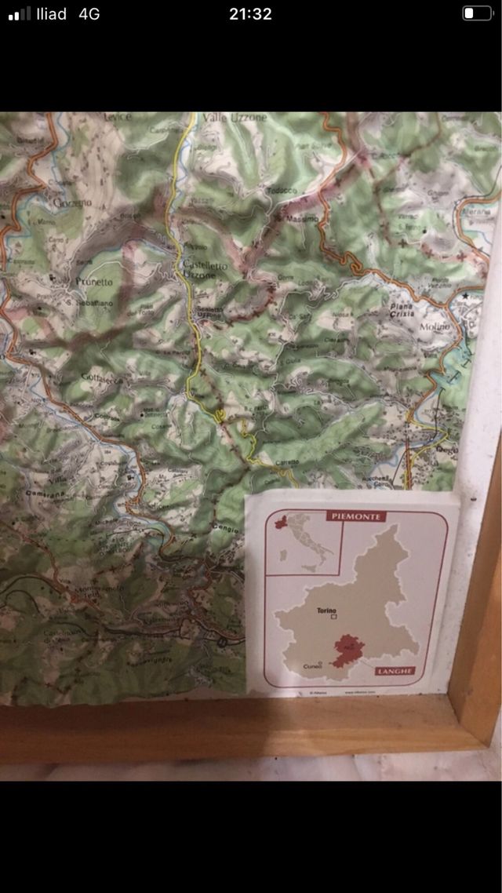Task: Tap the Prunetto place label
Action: tap(94, 281)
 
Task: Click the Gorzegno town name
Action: tap(73, 202)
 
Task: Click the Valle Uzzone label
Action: tap(235, 118)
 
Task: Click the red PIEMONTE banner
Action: tap(356, 516)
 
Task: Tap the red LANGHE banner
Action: tap(394, 672)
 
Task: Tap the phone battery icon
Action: tap(476, 13)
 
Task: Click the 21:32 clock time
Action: tap(251, 13)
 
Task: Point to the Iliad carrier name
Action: tap(51, 13)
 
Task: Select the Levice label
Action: tap(118, 117)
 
